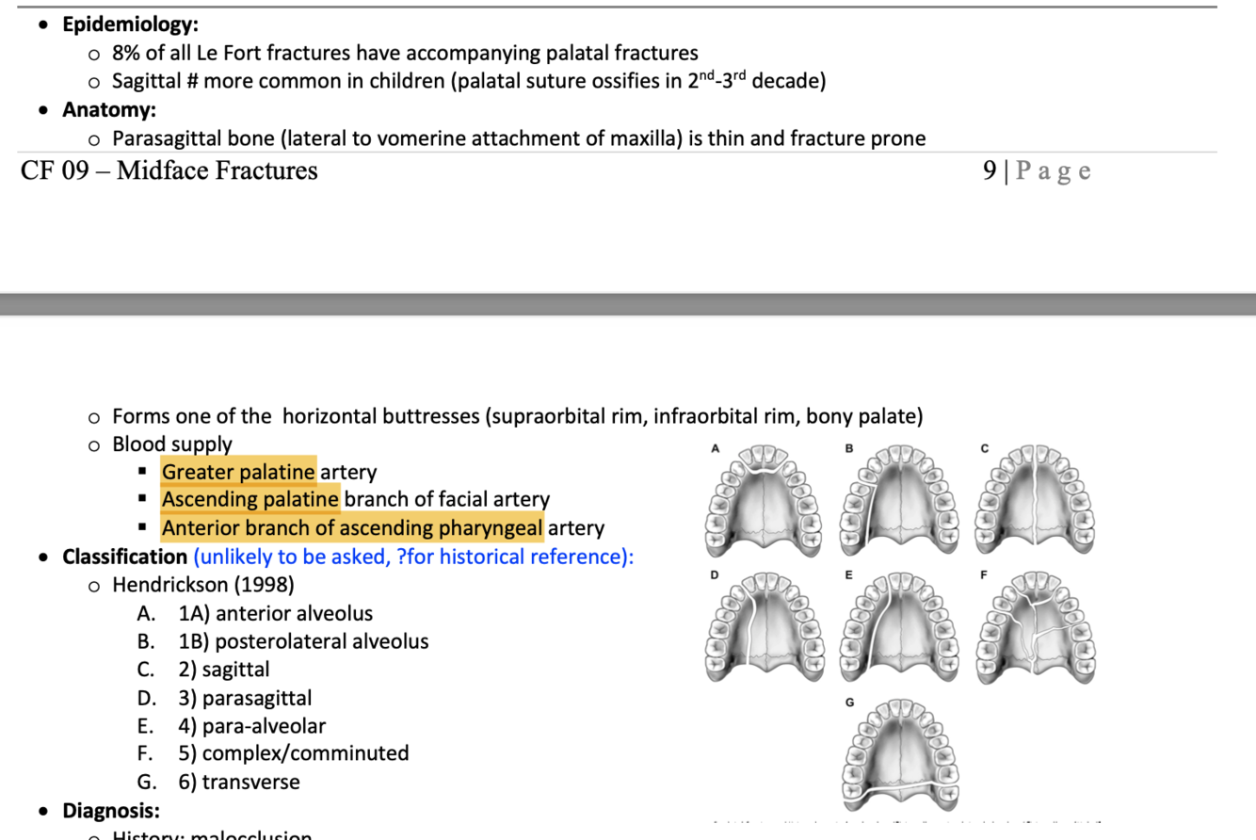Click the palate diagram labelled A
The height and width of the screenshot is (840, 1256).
(x=764, y=500)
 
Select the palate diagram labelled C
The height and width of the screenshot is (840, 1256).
(x=1036, y=500)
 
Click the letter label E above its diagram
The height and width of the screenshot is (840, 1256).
(x=848, y=574)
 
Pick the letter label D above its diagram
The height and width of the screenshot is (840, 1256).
(x=715, y=574)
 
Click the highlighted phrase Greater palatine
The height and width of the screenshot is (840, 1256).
(x=239, y=471)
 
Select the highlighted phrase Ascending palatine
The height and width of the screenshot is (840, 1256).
(x=250, y=498)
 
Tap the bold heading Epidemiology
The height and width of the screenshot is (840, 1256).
(x=130, y=24)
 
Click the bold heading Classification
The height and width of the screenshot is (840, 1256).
(x=124, y=557)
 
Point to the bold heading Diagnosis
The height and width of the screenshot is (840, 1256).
(x=110, y=811)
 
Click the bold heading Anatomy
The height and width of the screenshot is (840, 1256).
(x=109, y=110)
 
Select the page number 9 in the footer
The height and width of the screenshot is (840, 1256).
(x=989, y=170)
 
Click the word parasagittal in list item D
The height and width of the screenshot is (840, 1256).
(x=257, y=698)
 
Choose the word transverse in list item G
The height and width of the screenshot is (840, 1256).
(x=250, y=782)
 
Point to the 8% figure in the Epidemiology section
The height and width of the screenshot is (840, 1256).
(x=126, y=53)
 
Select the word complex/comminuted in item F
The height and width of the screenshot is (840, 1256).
(x=305, y=753)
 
